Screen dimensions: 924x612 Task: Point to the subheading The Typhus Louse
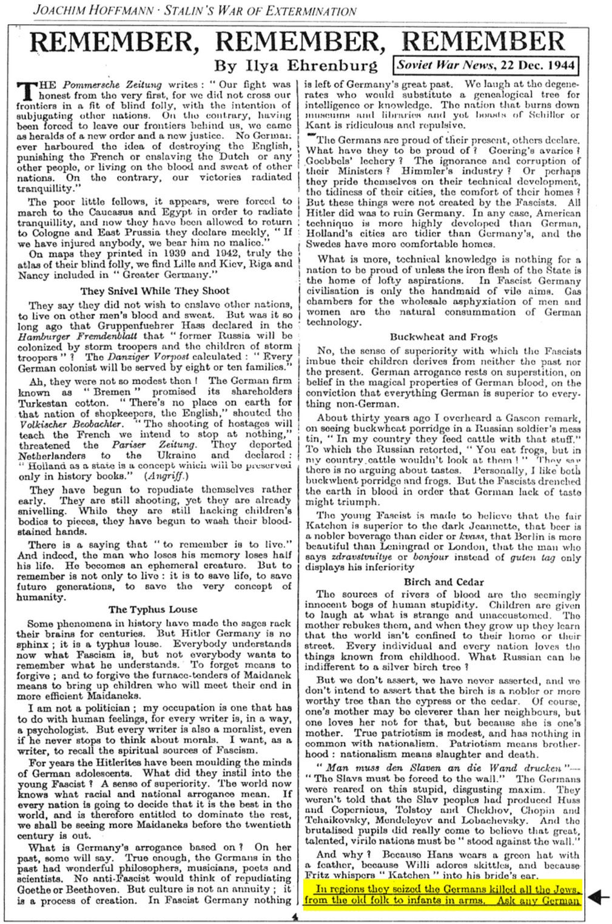(x=153, y=610)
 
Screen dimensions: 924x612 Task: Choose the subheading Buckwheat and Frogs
(x=443, y=337)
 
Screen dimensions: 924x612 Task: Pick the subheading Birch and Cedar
(x=443, y=582)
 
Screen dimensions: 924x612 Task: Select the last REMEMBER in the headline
(x=483, y=41)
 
